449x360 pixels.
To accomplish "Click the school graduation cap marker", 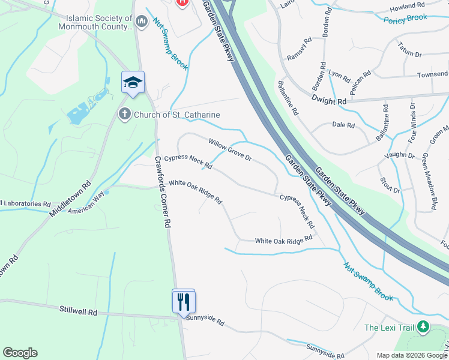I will point(133,83).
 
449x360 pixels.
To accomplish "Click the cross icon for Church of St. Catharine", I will point(125,114).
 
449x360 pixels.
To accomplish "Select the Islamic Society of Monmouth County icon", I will point(142,22).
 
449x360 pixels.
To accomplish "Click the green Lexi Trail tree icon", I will point(424,327).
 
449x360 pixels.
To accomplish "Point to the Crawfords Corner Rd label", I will point(164,192).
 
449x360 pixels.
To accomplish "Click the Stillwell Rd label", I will point(78,312).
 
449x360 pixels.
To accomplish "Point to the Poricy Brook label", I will point(406,18).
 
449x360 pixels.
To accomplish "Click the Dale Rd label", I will point(343,125).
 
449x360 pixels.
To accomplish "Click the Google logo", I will point(20,353).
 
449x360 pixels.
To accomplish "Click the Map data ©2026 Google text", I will point(411,355).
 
